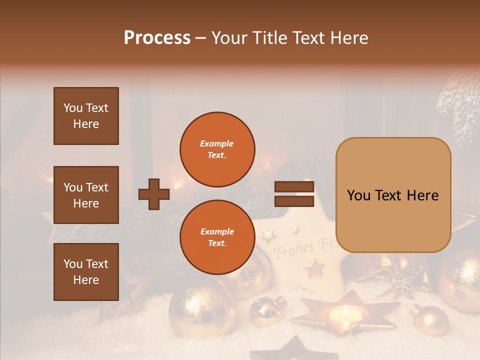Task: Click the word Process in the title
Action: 157,37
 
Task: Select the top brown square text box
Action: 86,116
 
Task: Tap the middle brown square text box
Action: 86,195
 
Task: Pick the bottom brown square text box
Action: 86,272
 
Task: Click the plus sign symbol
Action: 154,194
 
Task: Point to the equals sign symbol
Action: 294,194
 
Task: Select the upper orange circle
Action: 217,149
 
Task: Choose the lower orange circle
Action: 217,237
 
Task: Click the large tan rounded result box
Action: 393,195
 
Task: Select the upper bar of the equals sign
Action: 294,187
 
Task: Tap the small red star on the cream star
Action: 314,268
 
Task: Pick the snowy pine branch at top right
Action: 457,100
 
